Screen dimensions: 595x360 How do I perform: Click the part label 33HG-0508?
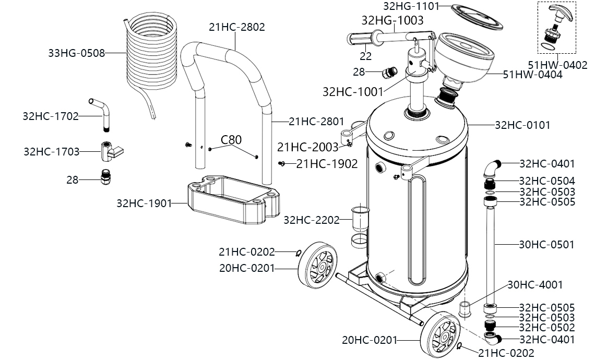(x=76, y=53)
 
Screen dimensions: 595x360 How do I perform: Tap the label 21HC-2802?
(x=237, y=27)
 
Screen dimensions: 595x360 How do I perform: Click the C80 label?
(x=231, y=140)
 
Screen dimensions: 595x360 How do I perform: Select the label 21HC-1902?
(x=327, y=163)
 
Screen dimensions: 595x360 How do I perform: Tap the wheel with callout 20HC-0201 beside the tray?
(x=317, y=265)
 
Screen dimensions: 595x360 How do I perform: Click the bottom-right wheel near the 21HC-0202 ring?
(x=441, y=334)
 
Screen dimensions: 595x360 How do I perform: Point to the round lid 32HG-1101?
(x=477, y=17)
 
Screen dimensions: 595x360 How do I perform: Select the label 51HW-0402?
(x=557, y=65)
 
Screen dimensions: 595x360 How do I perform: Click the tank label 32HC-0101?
(x=522, y=125)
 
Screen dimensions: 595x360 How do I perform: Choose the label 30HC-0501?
(x=546, y=245)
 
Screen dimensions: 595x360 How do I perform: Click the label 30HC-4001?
(x=535, y=284)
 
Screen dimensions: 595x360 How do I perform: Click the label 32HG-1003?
(x=392, y=20)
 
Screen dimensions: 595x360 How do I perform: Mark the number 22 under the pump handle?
(x=366, y=56)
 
